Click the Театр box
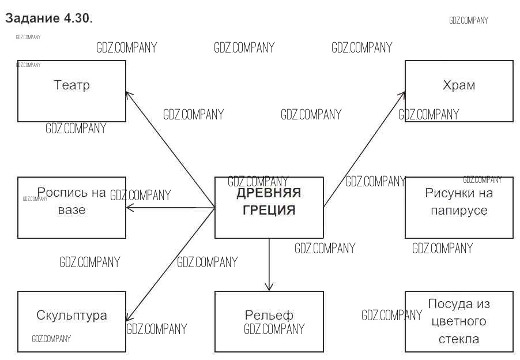(x=71, y=91)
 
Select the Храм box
(x=459, y=91)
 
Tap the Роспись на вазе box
(x=71, y=208)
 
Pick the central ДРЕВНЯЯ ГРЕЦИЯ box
(x=269, y=208)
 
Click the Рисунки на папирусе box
(x=459, y=208)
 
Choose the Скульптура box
(x=71, y=321)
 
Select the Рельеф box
(x=269, y=321)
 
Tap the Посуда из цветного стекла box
(x=459, y=321)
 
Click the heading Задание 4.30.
(x=49, y=18)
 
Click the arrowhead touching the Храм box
(x=402, y=94)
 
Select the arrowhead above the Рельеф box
(x=269, y=287)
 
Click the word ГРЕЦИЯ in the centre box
(x=269, y=210)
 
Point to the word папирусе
(x=459, y=211)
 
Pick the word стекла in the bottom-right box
(x=459, y=339)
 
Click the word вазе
(x=71, y=209)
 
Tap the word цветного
(x=459, y=321)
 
